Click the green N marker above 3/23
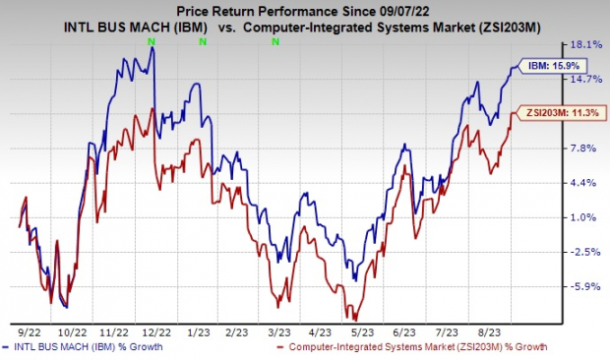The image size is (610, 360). pos(275,42)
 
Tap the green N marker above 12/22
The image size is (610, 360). pos(151,42)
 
